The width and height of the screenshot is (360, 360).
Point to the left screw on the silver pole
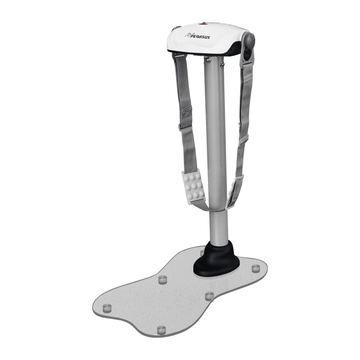(208, 59)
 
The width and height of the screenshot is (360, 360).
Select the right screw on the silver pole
(222, 64)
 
